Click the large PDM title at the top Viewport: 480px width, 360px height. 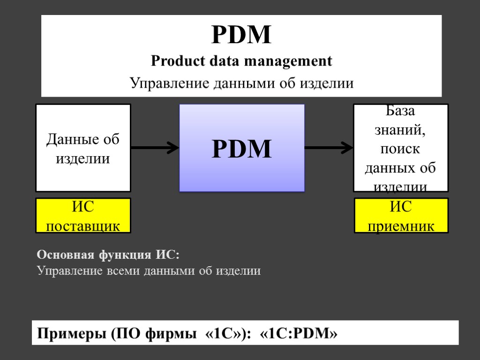[241, 35]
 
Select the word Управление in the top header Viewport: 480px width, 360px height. [170, 84]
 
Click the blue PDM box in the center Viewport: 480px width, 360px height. [242, 148]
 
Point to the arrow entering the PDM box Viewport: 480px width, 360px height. [155, 148]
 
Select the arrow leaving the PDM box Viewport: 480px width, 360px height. [329, 148]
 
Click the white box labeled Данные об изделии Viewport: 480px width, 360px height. [83, 148]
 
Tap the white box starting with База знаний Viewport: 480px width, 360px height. [400, 148]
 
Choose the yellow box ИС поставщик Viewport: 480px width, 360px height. [83, 216]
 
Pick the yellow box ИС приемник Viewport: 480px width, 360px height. [401, 216]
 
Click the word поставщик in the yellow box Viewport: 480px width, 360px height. [83, 226]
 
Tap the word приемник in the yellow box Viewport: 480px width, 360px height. [401, 226]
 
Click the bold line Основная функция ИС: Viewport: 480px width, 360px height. [108, 255]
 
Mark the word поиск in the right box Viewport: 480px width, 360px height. [400, 149]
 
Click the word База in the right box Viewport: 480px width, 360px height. [400, 111]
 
